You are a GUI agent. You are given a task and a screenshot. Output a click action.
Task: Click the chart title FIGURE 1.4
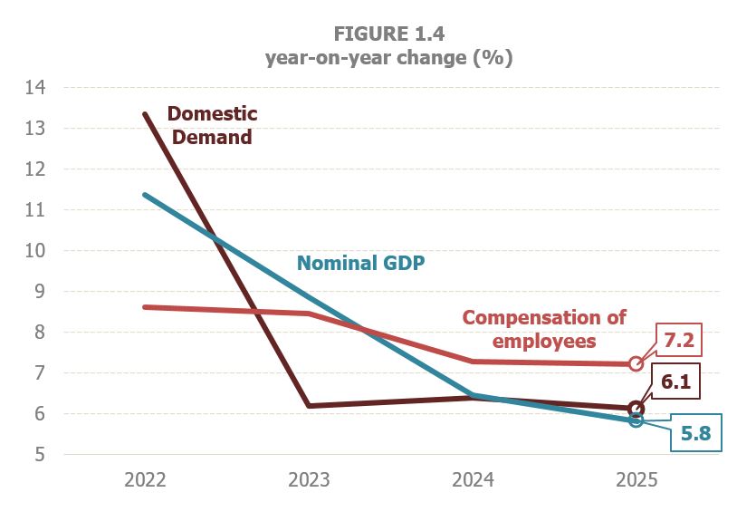(x=388, y=34)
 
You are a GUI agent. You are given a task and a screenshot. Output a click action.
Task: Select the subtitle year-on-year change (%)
(x=388, y=58)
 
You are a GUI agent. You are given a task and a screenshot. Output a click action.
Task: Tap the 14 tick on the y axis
(x=34, y=88)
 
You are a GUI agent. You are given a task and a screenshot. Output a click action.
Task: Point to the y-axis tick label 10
(x=34, y=251)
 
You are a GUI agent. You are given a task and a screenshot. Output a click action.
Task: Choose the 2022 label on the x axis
(x=145, y=480)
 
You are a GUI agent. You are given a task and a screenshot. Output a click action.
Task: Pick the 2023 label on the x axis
(x=309, y=480)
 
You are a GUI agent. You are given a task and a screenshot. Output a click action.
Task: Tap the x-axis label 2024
(x=472, y=480)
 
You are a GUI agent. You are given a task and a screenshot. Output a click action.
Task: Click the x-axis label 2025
(x=636, y=480)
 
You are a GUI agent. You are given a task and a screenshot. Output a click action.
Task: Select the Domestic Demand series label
(x=213, y=126)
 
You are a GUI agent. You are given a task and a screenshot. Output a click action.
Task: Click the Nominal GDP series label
(x=361, y=264)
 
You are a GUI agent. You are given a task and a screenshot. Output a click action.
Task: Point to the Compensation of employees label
(x=543, y=329)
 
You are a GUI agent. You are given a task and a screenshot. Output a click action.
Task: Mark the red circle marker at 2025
(x=636, y=364)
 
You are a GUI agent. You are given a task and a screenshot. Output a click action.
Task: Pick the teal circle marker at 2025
(x=636, y=420)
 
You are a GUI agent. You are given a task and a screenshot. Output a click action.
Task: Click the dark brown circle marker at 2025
(x=636, y=409)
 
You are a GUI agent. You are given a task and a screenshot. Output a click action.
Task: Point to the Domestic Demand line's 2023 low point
(x=309, y=406)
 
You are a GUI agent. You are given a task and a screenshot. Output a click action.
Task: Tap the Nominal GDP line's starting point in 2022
(x=145, y=195)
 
